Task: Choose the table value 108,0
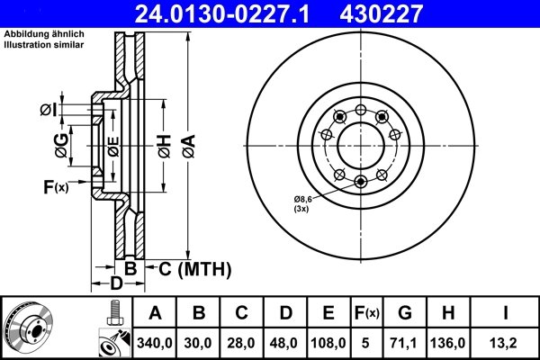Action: coord(328,343)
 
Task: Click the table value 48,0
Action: coord(284,343)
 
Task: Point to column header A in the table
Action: coord(156,312)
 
